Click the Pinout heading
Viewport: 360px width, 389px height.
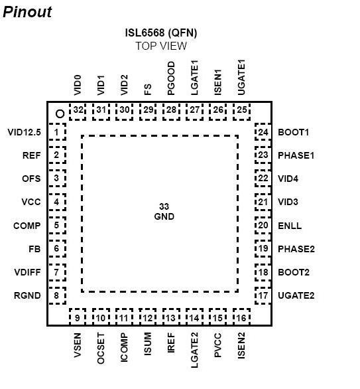27,12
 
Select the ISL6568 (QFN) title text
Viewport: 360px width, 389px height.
161,33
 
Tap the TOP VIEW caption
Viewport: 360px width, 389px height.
161,46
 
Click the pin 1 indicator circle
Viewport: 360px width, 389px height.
60,114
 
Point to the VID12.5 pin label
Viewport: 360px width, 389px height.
24,132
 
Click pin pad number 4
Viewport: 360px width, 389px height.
57,202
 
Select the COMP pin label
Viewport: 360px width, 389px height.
27,226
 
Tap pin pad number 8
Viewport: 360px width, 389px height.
57,295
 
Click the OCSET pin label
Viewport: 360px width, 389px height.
101,349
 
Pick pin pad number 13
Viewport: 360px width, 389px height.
171,317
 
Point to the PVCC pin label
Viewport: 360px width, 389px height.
217,345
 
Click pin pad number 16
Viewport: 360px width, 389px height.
241,317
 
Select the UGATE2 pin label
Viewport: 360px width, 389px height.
296,295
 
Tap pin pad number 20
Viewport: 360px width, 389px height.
263,225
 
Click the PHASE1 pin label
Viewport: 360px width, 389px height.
296,155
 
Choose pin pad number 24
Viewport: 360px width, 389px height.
263,131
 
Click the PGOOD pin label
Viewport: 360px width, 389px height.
171,78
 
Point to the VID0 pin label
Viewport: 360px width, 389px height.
78,85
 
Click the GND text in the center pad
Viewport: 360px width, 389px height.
164,216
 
